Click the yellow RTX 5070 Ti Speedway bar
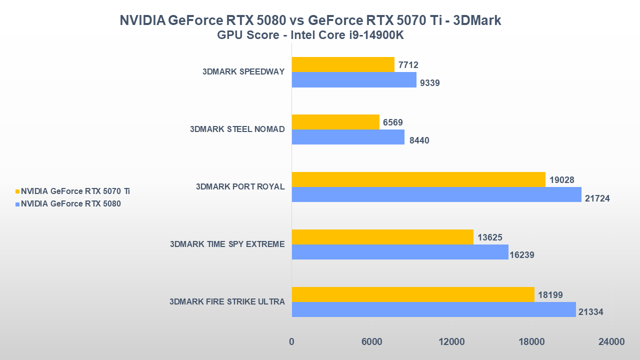pyautogui.click(x=343, y=64)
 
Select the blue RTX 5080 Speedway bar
pyautogui.click(x=354, y=79)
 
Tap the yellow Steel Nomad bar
pyautogui.click(x=335, y=122)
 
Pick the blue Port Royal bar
pyautogui.click(x=436, y=194)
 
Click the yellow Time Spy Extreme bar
pyautogui.click(x=382, y=237)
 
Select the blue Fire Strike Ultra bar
pyautogui.click(x=433, y=309)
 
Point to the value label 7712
pyautogui.click(x=408, y=65)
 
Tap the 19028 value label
pyautogui.click(x=561, y=180)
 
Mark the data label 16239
pyautogui.click(x=522, y=255)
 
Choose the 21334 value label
pyautogui.click(x=591, y=312)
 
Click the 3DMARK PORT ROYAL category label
pyautogui.click(x=240, y=187)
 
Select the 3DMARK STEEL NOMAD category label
pyautogui.click(x=237, y=129)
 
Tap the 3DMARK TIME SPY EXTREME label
pyautogui.click(x=227, y=244)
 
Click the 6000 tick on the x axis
pyautogui.click(x=371, y=342)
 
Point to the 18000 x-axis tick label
pyautogui.click(x=531, y=342)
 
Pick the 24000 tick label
pyautogui.click(x=611, y=342)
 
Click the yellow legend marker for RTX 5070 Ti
pyautogui.click(x=17, y=191)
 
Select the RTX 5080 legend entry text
pyautogui.click(x=70, y=204)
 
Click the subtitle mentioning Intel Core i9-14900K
pyautogui.click(x=310, y=36)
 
